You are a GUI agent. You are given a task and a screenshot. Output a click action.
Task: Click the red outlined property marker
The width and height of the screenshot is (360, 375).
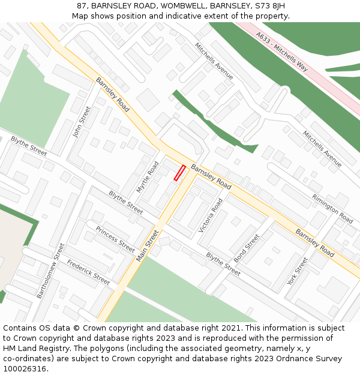click(x=179, y=173)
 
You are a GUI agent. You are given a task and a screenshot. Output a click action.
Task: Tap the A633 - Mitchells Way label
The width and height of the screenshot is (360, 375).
click(x=281, y=52)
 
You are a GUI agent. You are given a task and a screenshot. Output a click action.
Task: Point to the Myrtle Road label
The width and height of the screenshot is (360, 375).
click(x=148, y=176)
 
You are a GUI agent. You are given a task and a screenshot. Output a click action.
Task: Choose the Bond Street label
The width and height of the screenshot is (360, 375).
click(x=247, y=248)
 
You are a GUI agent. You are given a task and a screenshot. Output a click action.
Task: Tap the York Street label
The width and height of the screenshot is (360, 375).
click(x=297, y=271)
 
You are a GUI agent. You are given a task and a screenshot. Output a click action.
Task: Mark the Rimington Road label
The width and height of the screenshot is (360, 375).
click(x=332, y=208)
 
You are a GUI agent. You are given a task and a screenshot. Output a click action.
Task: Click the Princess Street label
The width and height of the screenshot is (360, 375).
click(x=115, y=239)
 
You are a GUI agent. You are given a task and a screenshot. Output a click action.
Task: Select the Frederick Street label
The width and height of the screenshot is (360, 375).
click(x=88, y=272)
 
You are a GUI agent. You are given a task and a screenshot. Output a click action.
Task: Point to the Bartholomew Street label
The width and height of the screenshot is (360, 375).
click(x=50, y=270)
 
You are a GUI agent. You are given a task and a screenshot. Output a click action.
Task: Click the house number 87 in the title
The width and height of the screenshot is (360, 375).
click(x=82, y=6)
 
